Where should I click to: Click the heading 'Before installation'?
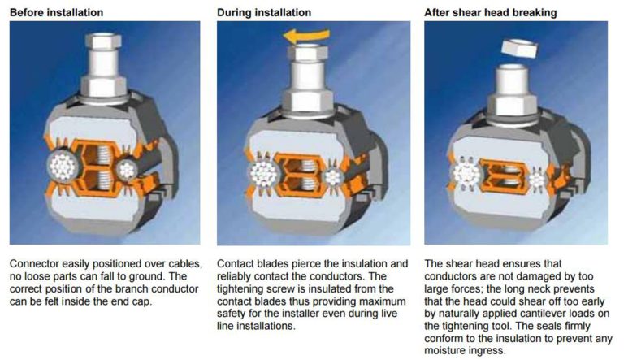56,13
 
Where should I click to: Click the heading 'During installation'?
264,13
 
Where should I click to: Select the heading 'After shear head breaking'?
490,13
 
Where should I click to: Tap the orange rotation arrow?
306,36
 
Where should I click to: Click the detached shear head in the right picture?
519,48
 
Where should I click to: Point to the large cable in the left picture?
64,167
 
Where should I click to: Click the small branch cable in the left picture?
127,170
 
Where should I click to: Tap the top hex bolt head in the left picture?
103,41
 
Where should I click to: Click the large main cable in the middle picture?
264,175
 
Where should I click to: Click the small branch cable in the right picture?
537,178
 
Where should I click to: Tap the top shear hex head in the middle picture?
308,52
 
